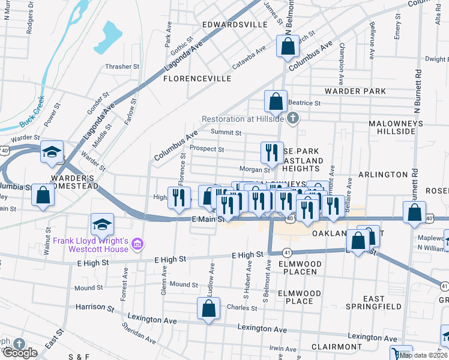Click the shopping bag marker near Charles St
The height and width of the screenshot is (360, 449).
pyautogui.click(x=208, y=308)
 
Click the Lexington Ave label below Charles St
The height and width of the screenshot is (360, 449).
pyautogui.click(x=262, y=328)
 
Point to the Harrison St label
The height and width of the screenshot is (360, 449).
pyautogui.click(x=95, y=307)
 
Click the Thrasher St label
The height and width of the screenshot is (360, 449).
pyautogui.click(x=122, y=67)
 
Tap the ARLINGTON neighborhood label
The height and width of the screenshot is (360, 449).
pyautogui.click(x=382, y=174)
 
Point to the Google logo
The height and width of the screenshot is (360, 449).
pyautogui.click(x=19, y=353)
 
